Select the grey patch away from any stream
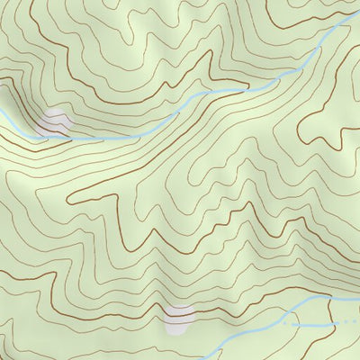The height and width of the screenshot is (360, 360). [180, 316]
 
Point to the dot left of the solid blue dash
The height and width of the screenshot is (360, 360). [290, 320]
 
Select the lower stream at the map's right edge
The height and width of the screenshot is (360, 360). [358, 294]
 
